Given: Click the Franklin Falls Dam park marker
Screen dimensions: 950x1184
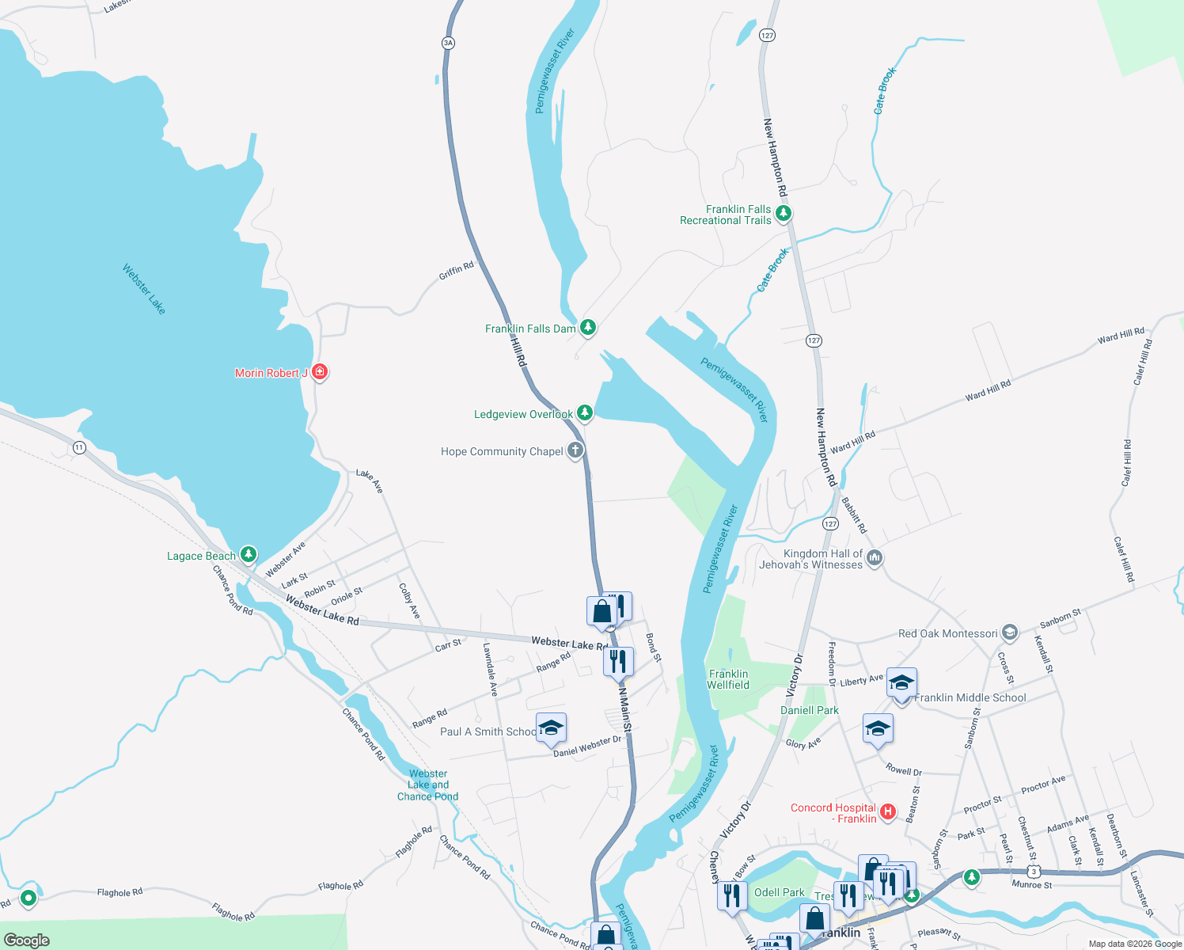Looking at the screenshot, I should (x=587, y=327).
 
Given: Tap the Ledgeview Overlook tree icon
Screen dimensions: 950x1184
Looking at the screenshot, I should (x=584, y=412).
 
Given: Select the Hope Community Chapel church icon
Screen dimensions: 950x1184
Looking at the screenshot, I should (x=575, y=450).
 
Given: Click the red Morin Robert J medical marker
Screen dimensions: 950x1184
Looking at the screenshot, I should (x=320, y=371).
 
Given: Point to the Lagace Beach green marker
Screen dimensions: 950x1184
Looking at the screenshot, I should (x=249, y=554).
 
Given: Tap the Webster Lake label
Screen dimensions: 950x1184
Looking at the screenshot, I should (x=144, y=289).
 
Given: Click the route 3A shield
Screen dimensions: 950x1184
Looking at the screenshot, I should (x=449, y=43).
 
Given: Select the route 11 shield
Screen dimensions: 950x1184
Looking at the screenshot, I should (x=79, y=447).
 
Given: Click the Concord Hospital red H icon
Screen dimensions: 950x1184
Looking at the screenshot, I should (x=888, y=811).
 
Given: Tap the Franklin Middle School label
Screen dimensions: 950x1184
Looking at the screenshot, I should (x=970, y=697).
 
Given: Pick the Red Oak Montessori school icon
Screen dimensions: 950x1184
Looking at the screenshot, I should (x=1009, y=632).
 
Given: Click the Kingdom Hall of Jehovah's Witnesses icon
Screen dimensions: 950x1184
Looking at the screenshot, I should (x=875, y=558).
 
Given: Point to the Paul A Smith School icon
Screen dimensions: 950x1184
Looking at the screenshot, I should (x=550, y=728).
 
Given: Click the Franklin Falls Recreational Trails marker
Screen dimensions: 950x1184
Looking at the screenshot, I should (x=784, y=213).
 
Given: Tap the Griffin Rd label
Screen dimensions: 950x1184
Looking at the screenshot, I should (x=456, y=271).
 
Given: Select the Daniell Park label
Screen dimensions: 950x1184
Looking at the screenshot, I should (x=810, y=710).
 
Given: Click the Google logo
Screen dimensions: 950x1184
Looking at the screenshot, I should (x=27, y=940).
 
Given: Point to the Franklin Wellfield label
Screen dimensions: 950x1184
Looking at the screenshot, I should (x=728, y=679).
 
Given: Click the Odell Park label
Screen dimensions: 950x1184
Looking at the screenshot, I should (x=779, y=892).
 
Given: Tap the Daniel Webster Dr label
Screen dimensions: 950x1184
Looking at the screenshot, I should (x=587, y=746).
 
